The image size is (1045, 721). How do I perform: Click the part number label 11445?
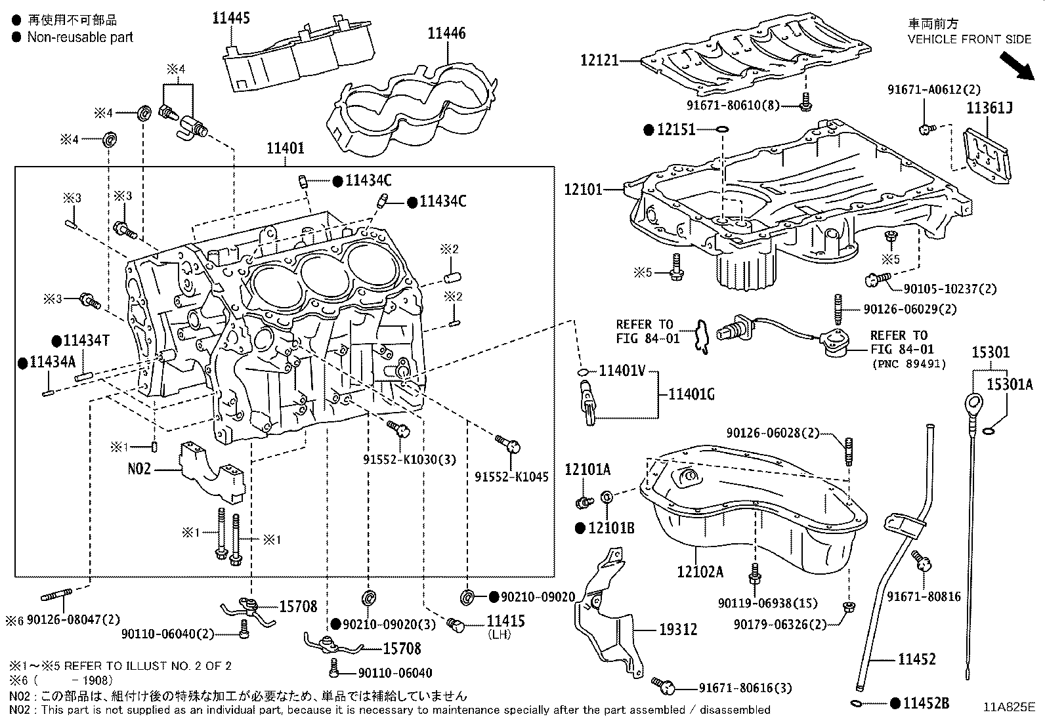[230, 18]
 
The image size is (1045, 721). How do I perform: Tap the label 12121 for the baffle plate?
[599, 60]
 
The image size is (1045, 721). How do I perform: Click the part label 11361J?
[989, 108]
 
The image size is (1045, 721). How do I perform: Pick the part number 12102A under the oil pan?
[700, 571]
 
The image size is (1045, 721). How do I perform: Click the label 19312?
[678, 629]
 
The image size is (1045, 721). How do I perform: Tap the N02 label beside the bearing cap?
[139, 468]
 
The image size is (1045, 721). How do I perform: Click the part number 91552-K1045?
[511, 478]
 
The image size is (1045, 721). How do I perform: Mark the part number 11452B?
[926, 703]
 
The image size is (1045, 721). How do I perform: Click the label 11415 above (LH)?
[505, 621]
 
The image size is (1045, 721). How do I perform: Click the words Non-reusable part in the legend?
[80, 37]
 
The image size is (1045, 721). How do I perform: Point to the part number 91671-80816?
[924, 596]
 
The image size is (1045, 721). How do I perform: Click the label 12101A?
[587, 469]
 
